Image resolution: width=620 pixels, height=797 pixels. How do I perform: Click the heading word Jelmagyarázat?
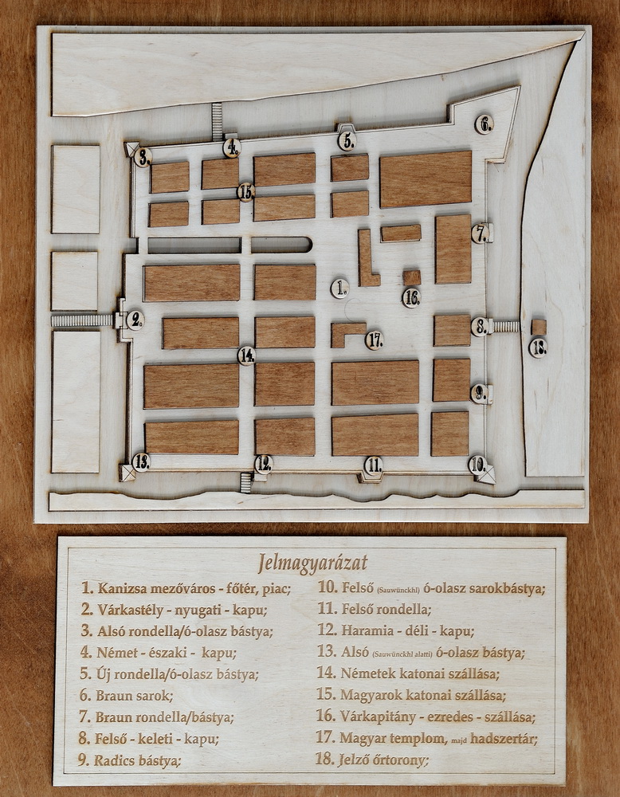tap(312, 563)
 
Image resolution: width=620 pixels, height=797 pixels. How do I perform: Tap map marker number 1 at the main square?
tap(340, 289)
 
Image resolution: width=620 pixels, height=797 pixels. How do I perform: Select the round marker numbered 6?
tap(485, 124)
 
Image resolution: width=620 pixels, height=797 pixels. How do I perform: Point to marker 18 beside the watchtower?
tap(538, 347)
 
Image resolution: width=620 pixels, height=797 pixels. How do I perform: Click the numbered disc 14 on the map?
tap(246, 355)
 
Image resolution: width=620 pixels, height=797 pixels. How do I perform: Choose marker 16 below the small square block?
tap(411, 298)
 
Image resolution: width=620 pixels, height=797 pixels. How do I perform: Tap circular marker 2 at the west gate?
tap(135, 320)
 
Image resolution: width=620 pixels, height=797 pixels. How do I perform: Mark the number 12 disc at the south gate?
tap(264, 464)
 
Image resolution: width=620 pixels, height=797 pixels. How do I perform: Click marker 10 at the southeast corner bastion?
tap(477, 465)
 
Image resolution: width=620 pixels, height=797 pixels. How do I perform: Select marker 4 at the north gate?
tap(232, 148)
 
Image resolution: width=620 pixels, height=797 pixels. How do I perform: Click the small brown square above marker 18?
tap(539, 327)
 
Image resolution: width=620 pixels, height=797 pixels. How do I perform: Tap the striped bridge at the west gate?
tap(82, 320)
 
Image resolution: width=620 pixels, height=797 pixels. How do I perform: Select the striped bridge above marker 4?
tap(217, 121)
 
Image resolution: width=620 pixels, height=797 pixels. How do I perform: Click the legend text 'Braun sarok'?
tap(134, 695)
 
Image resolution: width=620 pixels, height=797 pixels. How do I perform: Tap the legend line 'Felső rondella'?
tap(387, 608)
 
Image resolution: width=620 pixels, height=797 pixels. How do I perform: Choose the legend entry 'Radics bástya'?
tap(137, 761)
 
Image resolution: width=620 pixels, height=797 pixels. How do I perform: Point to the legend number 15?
tap(326, 694)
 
